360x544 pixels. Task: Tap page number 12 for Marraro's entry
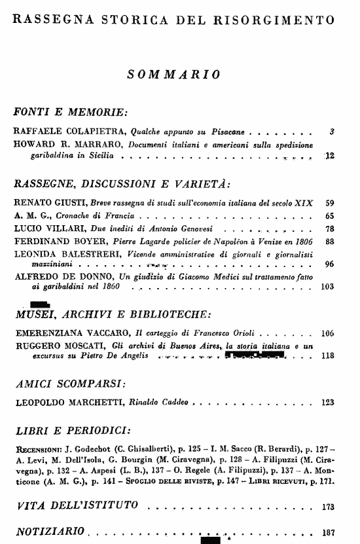[x=330, y=156]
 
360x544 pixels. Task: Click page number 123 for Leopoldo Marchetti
[x=328, y=403]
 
